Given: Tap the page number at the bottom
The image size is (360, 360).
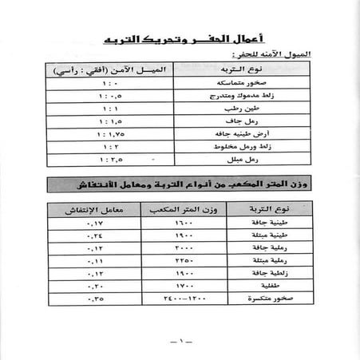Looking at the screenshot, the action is (180, 342).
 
